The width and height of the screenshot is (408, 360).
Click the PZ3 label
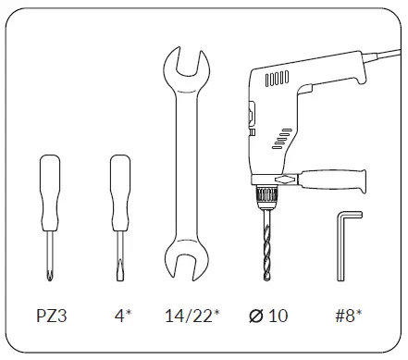(52, 316)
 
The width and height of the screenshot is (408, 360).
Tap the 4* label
(123, 316)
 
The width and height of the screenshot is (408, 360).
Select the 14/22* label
(192, 316)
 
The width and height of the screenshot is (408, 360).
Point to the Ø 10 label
(268, 316)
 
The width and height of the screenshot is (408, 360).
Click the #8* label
(349, 316)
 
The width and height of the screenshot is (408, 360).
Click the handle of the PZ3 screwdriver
(50, 192)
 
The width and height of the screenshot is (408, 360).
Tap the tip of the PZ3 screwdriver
(50, 276)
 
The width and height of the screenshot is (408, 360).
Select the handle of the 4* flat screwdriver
(120, 192)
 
